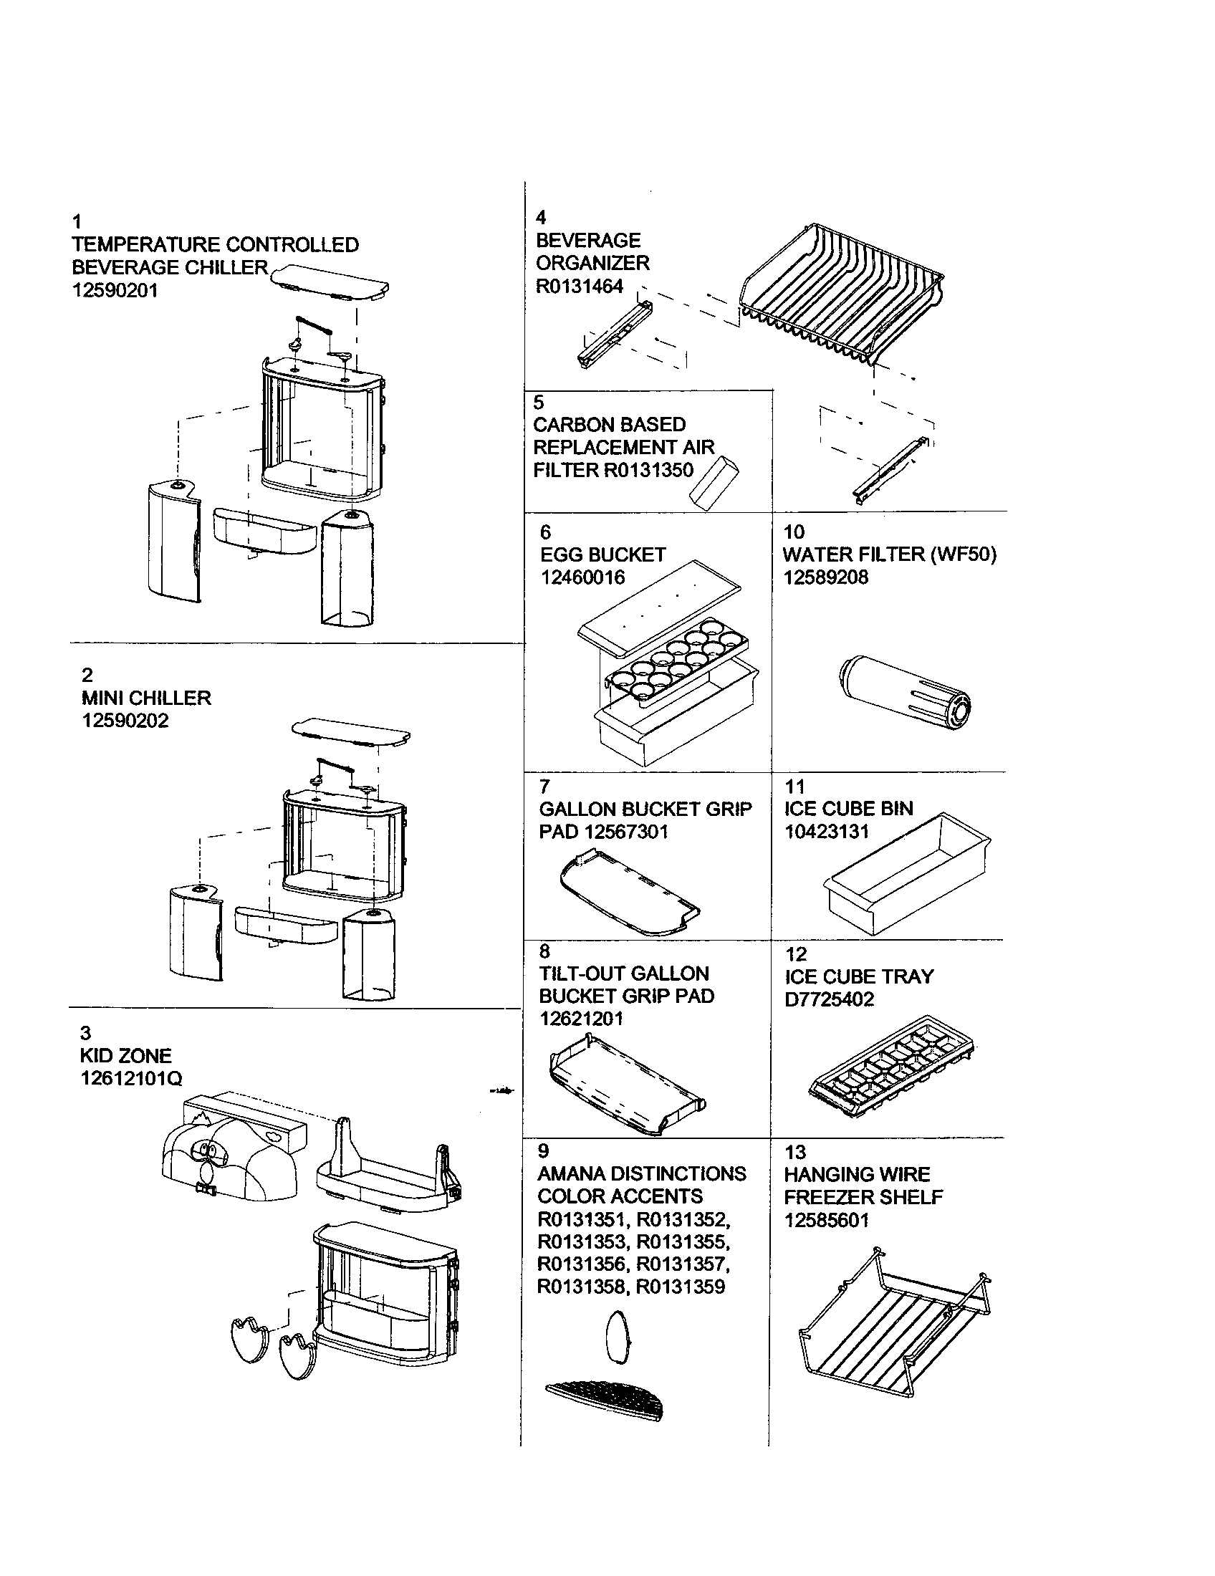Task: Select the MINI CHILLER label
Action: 145,698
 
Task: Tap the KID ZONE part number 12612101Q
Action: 130,1079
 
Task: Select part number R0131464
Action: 580,287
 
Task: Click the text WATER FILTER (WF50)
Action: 889,554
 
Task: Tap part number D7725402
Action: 829,999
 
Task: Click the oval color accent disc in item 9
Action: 618,1337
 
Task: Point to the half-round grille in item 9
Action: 606,1400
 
